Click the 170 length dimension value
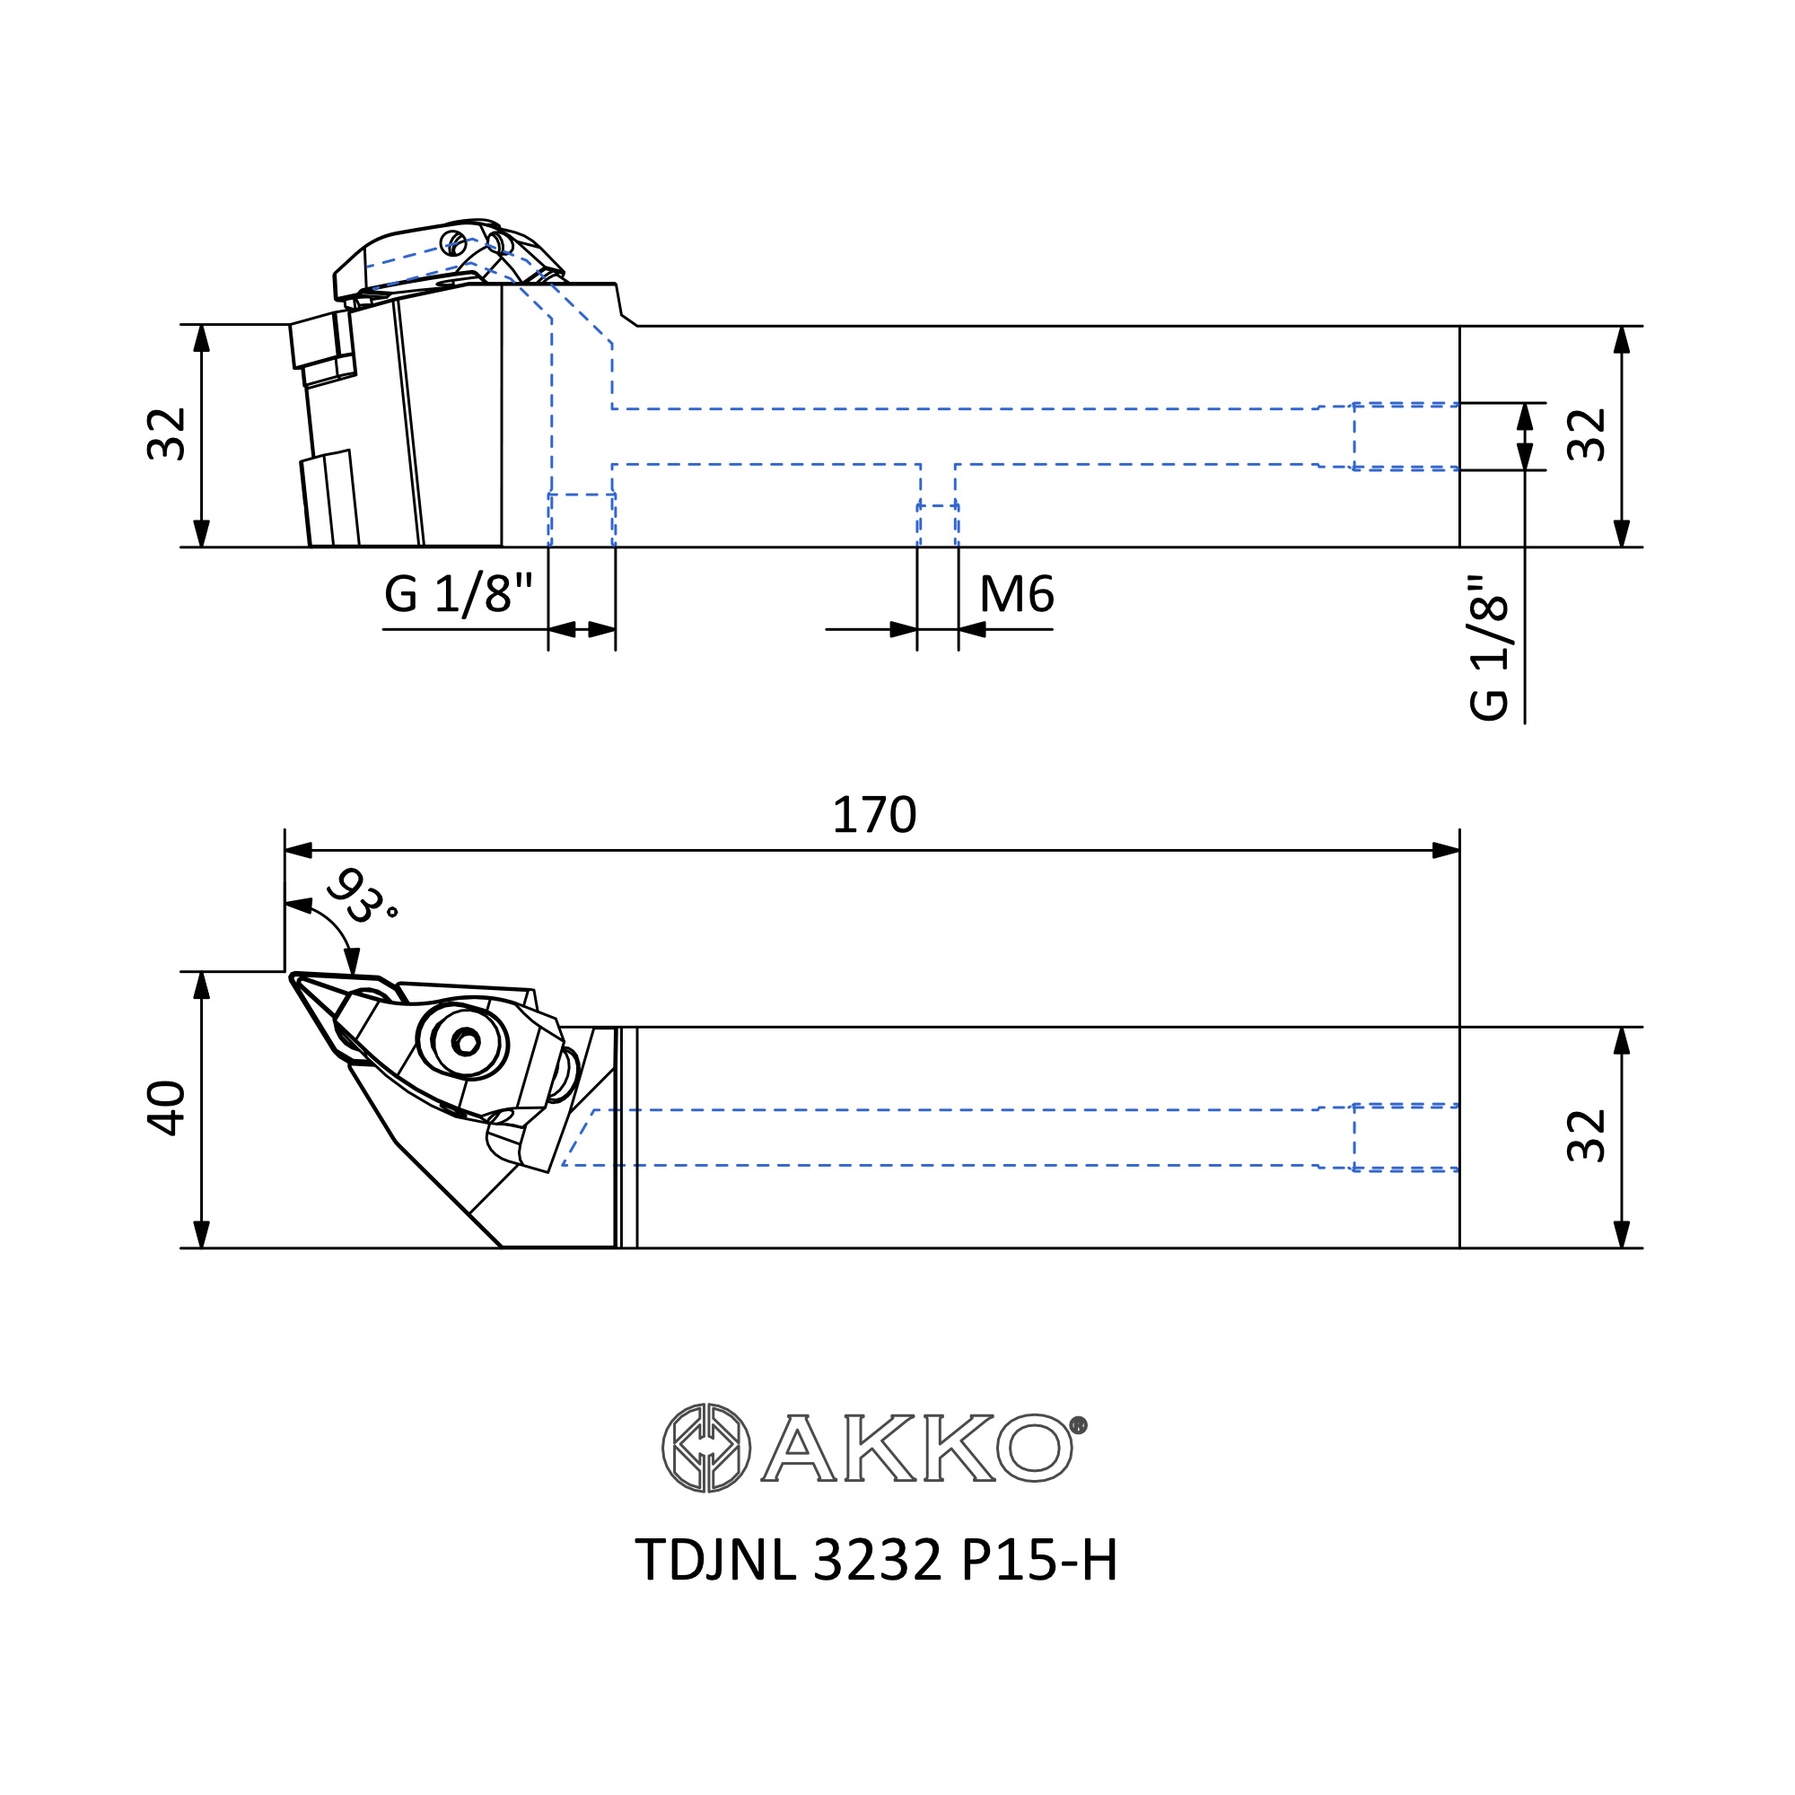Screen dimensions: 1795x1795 [x=873, y=815]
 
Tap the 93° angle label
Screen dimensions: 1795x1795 [x=363, y=896]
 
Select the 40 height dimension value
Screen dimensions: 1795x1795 [x=167, y=1108]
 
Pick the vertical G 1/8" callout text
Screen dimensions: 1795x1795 [x=1488, y=648]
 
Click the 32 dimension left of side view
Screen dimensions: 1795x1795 [x=167, y=433]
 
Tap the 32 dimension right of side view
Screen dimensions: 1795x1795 [x=1587, y=433]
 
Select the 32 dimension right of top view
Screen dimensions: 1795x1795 [x=1587, y=1135]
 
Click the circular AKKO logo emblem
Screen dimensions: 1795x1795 [x=706, y=1449]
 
